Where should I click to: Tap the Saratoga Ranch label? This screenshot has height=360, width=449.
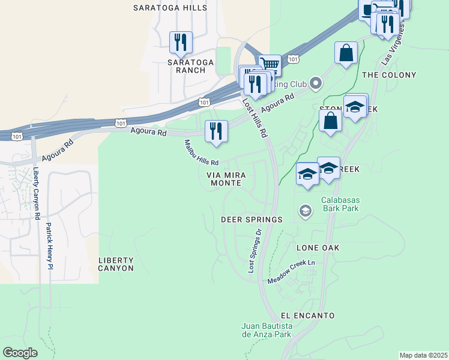[187, 66]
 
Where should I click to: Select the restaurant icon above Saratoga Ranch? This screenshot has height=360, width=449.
[181, 42]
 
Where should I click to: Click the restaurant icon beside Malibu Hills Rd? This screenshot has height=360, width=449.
[216, 131]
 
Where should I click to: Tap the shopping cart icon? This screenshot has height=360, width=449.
[270, 65]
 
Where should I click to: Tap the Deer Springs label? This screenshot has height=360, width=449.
[252, 220]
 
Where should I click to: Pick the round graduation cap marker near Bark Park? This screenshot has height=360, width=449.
[305, 211]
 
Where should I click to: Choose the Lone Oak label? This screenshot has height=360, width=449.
[318, 248]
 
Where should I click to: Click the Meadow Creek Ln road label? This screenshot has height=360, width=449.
[291, 272]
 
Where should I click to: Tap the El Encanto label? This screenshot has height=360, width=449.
[307, 316]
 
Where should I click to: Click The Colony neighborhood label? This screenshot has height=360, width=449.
[389, 75]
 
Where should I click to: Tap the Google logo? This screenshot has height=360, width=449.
[20, 353]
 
